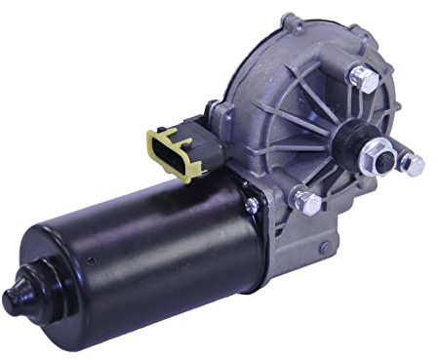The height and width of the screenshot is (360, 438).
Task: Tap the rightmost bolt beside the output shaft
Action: coord(414,164)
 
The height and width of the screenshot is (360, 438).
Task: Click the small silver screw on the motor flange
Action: coord(252,204)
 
